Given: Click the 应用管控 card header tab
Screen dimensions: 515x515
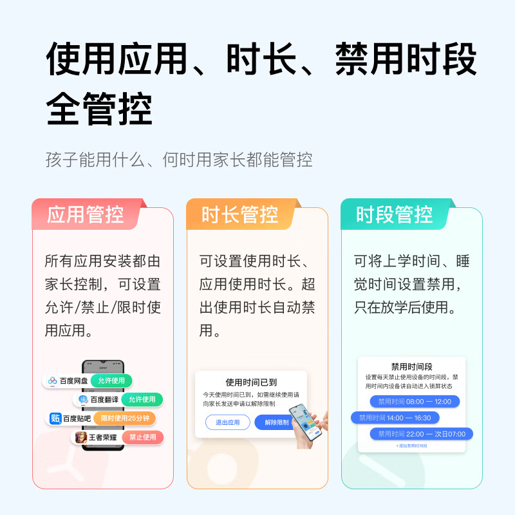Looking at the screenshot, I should click(86, 214).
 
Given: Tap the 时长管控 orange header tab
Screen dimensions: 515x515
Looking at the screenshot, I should click(240, 214).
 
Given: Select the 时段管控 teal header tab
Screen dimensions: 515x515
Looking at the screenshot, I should click(395, 214).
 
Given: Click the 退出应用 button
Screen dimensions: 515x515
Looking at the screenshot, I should click(227, 422).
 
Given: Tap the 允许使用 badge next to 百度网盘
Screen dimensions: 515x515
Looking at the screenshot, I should click(111, 380).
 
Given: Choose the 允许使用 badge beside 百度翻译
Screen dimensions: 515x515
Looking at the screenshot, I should click(142, 399).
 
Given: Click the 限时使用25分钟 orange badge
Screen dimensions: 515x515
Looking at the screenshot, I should click(125, 418).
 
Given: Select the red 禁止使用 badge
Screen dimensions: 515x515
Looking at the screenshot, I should click(143, 437).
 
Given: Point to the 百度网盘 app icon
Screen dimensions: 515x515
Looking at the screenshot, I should click(53, 380).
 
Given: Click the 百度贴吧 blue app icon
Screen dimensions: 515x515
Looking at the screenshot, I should click(55, 418).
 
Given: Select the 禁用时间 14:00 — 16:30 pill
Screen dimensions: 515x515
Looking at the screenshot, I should click(395, 418).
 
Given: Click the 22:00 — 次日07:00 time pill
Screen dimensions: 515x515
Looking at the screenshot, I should click(422, 434).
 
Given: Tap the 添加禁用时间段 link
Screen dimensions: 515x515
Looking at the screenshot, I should click(411, 445).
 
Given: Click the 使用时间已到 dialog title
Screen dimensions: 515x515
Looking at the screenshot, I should click(251, 382).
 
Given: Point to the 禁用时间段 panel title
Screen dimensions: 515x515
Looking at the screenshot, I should click(411, 366).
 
